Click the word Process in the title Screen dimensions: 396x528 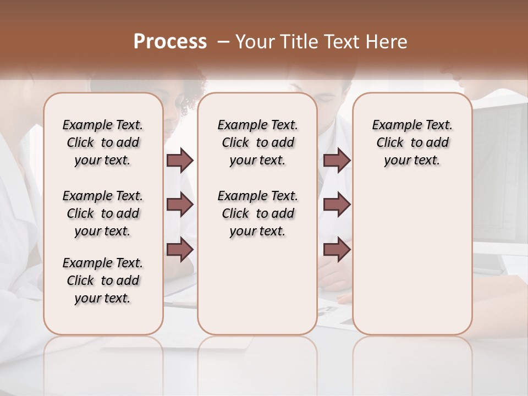[x=170, y=42]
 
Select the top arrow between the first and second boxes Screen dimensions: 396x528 [x=180, y=161]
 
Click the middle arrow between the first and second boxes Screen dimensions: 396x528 [x=180, y=205]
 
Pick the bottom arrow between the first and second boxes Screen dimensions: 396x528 [x=180, y=250]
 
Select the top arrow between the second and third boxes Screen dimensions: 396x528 [x=337, y=161]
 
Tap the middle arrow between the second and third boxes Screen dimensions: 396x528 [x=337, y=205]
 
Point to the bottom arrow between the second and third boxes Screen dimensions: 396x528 [x=337, y=250]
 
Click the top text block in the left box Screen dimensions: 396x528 [x=103, y=142]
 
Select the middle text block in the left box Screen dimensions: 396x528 [x=103, y=213]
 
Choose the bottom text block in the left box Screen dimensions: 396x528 [x=103, y=280]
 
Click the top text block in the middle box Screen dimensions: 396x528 [x=257, y=142]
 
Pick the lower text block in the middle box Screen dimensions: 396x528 [x=257, y=213]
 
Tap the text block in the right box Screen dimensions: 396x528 [x=413, y=142]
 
